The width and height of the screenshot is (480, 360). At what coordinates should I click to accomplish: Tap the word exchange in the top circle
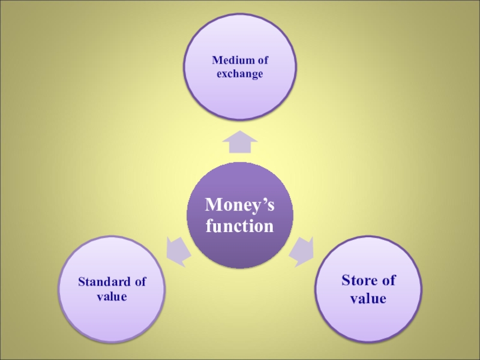[240, 75]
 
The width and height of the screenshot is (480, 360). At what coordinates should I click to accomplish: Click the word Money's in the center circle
[239, 206]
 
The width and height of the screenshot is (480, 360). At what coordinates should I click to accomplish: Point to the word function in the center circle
[239, 227]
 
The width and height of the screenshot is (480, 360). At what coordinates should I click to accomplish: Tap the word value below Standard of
[112, 296]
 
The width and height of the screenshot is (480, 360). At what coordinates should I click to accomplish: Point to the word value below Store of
[368, 298]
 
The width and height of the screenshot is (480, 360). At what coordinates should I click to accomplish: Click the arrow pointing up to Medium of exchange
[239, 142]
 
